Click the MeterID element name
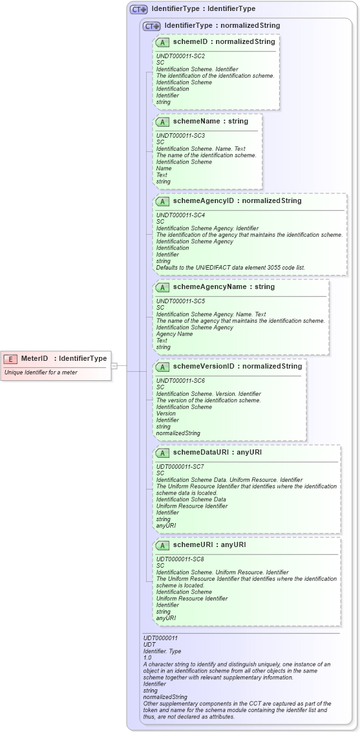pos(35,358)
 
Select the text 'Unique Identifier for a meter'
pos(41,372)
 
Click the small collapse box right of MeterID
pos(114,365)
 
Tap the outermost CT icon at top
pos(138,10)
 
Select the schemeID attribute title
pos(224,42)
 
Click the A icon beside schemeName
pos(162,122)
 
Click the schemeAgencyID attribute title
pos(237,201)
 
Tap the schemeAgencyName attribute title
pos(224,287)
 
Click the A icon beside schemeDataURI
pos(162,453)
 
